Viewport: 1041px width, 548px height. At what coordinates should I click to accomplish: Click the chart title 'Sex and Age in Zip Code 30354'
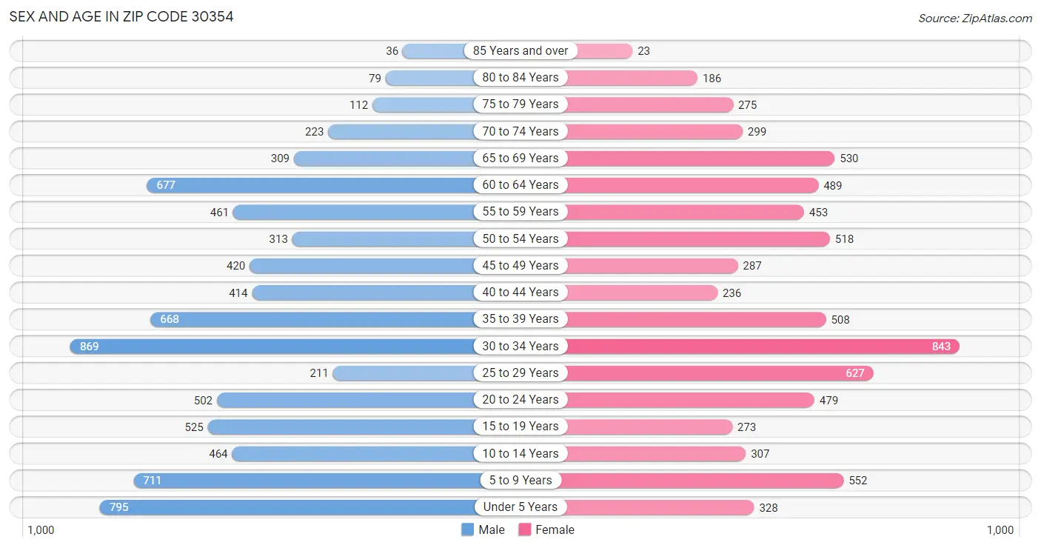[x=121, y=16]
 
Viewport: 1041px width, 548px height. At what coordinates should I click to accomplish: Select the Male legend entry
[x=483, y=529]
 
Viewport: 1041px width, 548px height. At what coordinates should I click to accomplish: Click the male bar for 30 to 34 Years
[x=274, y=346]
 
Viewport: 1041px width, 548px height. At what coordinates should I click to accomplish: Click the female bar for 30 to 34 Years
[x=763, y=346]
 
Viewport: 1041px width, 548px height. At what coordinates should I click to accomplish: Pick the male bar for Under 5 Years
[x=289, y=507]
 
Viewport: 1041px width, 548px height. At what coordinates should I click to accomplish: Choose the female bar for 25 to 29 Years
[x=718, y=373]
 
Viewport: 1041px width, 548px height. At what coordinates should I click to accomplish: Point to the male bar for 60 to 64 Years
[x=311, y=185]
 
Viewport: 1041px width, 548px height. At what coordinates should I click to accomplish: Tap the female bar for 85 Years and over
[x=600, y=51]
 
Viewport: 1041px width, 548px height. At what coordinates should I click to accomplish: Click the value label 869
[x=90, y=347]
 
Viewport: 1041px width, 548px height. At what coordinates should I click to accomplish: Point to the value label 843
[x=941, y=347]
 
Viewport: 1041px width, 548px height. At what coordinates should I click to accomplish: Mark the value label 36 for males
[x=392, y=51]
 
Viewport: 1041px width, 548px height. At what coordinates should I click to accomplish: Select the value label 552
[x=857, y=481]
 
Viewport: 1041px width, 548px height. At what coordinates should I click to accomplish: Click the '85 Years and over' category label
[x=520, y=51]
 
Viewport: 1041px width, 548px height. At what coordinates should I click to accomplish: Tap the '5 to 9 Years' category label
[x=520, y=480]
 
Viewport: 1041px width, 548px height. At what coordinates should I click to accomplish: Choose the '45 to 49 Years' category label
[x=520, y=265]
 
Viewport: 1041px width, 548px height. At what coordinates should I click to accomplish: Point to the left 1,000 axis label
[x=41, y=530]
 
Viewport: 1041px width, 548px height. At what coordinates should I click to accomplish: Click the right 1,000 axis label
[x=1000, y=530]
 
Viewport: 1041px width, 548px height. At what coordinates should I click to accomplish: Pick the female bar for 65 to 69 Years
[x=700, y=158]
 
